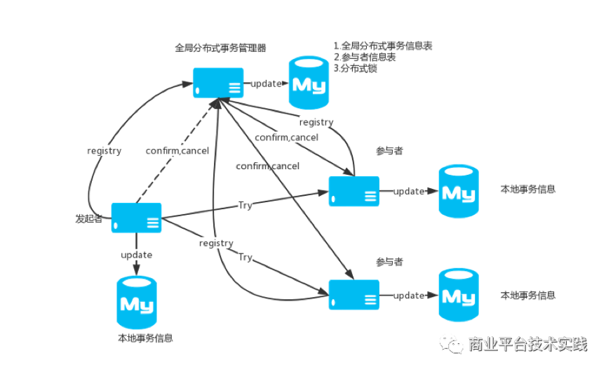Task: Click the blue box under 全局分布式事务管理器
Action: coord(218,83)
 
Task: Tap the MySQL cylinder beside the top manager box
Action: coord(309,84)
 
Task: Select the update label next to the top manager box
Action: coord(266,84)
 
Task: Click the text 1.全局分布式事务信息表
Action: coord(382,46)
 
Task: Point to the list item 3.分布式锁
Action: coord(356,69)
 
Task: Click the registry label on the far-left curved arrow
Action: coord(104,150)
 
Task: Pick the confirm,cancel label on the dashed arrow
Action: coord(176,150)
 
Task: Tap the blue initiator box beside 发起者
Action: coord(137,218)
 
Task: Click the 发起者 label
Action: coord(89,219)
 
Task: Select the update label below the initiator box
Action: coord(136,254)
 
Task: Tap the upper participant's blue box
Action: coord(353,191)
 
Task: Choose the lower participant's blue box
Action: coord(353,295)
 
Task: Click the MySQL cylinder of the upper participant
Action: coord(459,191)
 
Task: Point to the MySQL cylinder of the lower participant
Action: coord(459,295)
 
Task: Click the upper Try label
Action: coord(245,206)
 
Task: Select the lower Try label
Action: coord(245,257)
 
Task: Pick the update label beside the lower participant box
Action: coord(408,296)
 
